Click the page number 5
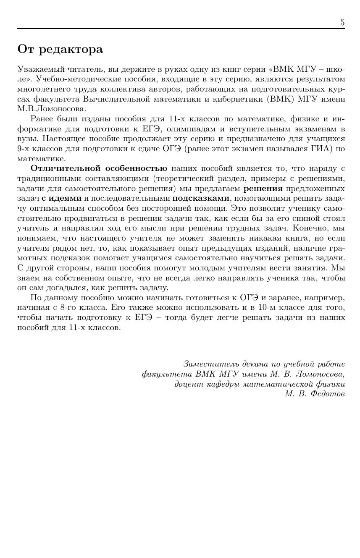(x=342, y=23)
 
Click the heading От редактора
(x=60, y=50)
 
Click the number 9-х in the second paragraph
(x=24, y=149)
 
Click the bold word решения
(x=263, y=189)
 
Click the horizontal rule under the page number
(x=181, y=29)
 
